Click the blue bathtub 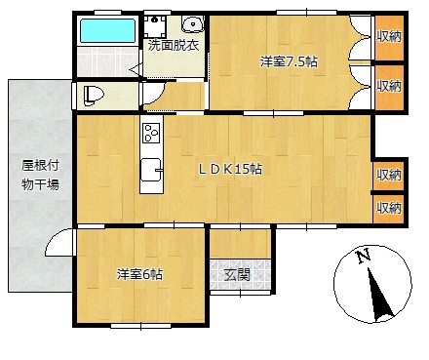[x=107, y=30]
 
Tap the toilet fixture [x=94, y=96]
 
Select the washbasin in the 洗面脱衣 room [x=192, y=24]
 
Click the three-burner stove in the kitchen [x=151, y=133]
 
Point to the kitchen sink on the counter [x=151, y=170]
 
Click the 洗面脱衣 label [x=174, y=46]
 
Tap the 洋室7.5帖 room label [x=289, y=61]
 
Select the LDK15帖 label [x=230, y=169]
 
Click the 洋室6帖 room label [x=140, y=274]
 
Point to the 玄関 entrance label [x=238, y=275]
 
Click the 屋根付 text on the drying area [x=40, y=166]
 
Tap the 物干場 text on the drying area [x=40, y=184]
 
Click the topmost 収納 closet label [x=389, y=36]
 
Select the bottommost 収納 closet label [x=389, y=208]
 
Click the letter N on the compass [x=364, y=256]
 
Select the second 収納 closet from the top [x=389, y=87]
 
